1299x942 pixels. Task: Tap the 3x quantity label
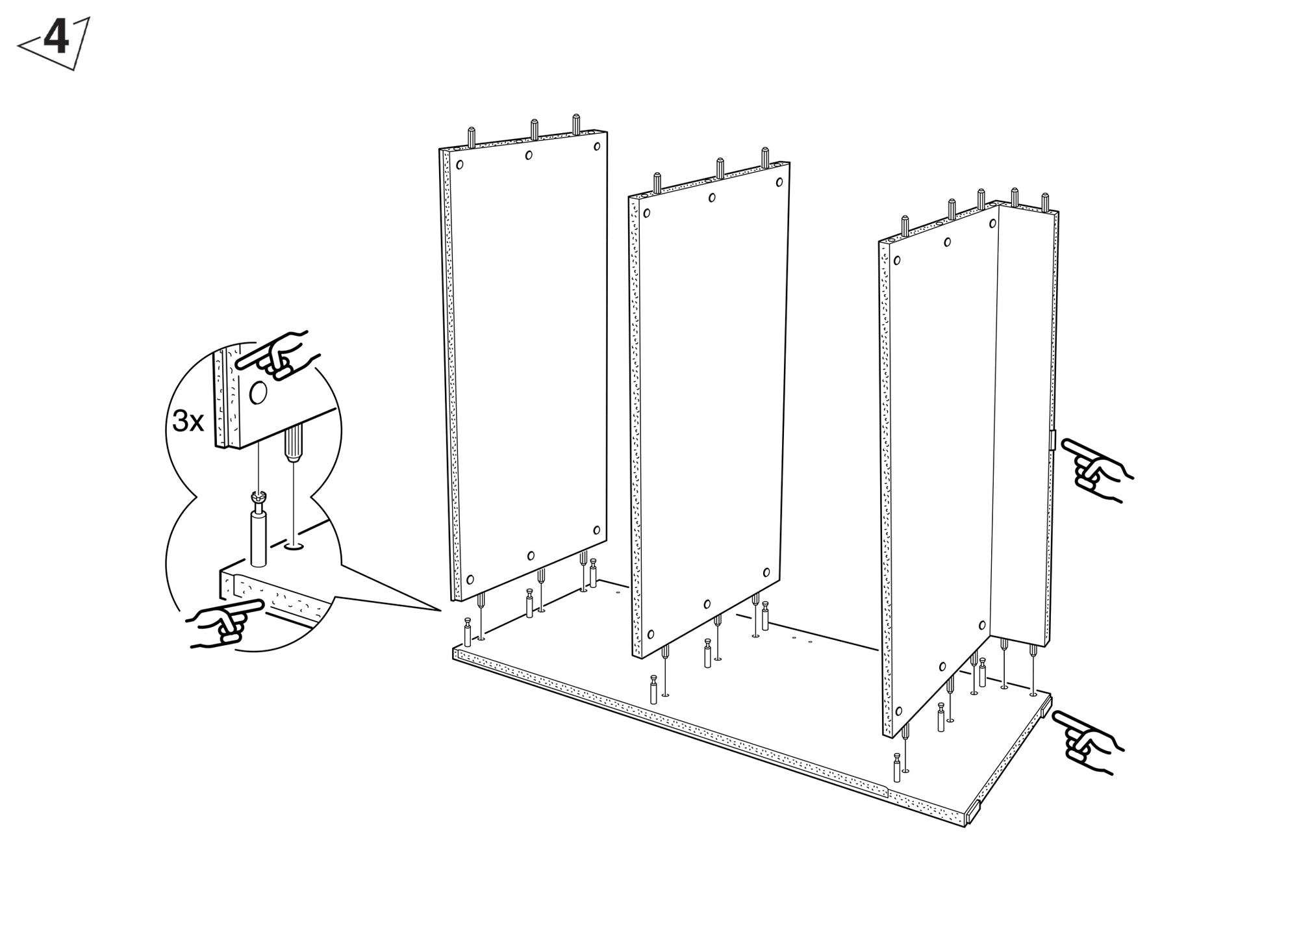pyautogui.click(x=188, y=422)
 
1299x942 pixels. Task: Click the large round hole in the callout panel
pyautogui.click(x=258, y=392)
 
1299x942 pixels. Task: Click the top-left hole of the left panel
pyautogui.click(x=460, y=164)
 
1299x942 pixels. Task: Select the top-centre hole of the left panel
pyautogui.click(x=529, y=155)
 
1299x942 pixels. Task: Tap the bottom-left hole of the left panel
pyautogui.click(x=470, y=579)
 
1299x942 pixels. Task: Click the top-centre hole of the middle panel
pyautogui.click(x=712, y=197)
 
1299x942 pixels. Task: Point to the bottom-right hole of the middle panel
pyautogui.click(x=766, y=573)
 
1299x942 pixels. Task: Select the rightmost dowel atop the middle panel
pyautogui.click(x=765, y=158)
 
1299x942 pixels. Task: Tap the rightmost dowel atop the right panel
pyautogui.click(x=1045, y=202)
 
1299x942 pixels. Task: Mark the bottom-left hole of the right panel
pyautogui.click(x=899, y=709)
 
